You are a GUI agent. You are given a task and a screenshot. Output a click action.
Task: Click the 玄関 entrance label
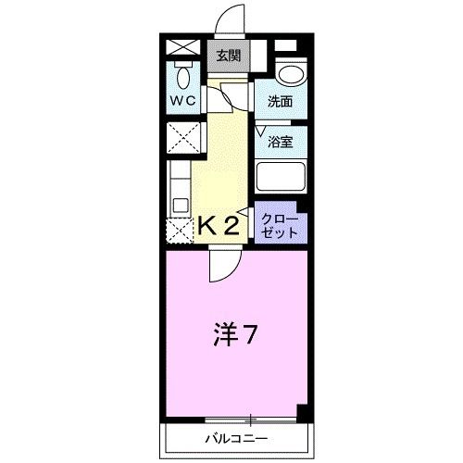click(228, 56)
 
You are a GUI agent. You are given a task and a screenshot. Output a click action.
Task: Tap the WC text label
click(183, 100)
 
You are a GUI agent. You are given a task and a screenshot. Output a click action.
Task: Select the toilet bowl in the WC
click(183, 76)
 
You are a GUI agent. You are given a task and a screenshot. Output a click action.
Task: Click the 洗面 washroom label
click(280, 101)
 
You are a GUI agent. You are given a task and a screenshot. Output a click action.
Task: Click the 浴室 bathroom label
click(280, 142)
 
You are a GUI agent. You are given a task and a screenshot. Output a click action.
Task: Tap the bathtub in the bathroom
click(281, 176)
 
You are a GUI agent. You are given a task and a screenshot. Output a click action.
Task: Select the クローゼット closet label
click(280, 226)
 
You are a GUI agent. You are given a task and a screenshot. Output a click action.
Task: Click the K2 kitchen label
click(219, 225)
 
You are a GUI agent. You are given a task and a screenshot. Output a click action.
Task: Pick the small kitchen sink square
click(181, 206)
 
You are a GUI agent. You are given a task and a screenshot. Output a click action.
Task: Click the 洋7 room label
click(235, 335)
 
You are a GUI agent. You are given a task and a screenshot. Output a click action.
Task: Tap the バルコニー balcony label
click(236, 439)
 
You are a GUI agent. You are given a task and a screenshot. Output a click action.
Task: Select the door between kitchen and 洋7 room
click(225, 266)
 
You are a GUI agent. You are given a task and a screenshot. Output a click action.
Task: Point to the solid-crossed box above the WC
click(183, 47)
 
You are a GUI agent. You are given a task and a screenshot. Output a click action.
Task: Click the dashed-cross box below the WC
click(183, 137)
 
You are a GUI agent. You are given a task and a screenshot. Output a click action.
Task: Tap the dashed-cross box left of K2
click(180, 231)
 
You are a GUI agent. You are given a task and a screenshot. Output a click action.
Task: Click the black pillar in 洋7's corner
click(302, 413)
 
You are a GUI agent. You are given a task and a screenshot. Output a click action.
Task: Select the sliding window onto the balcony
click(251, 419)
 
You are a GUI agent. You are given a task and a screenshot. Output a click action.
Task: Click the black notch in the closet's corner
click(302, 207)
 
